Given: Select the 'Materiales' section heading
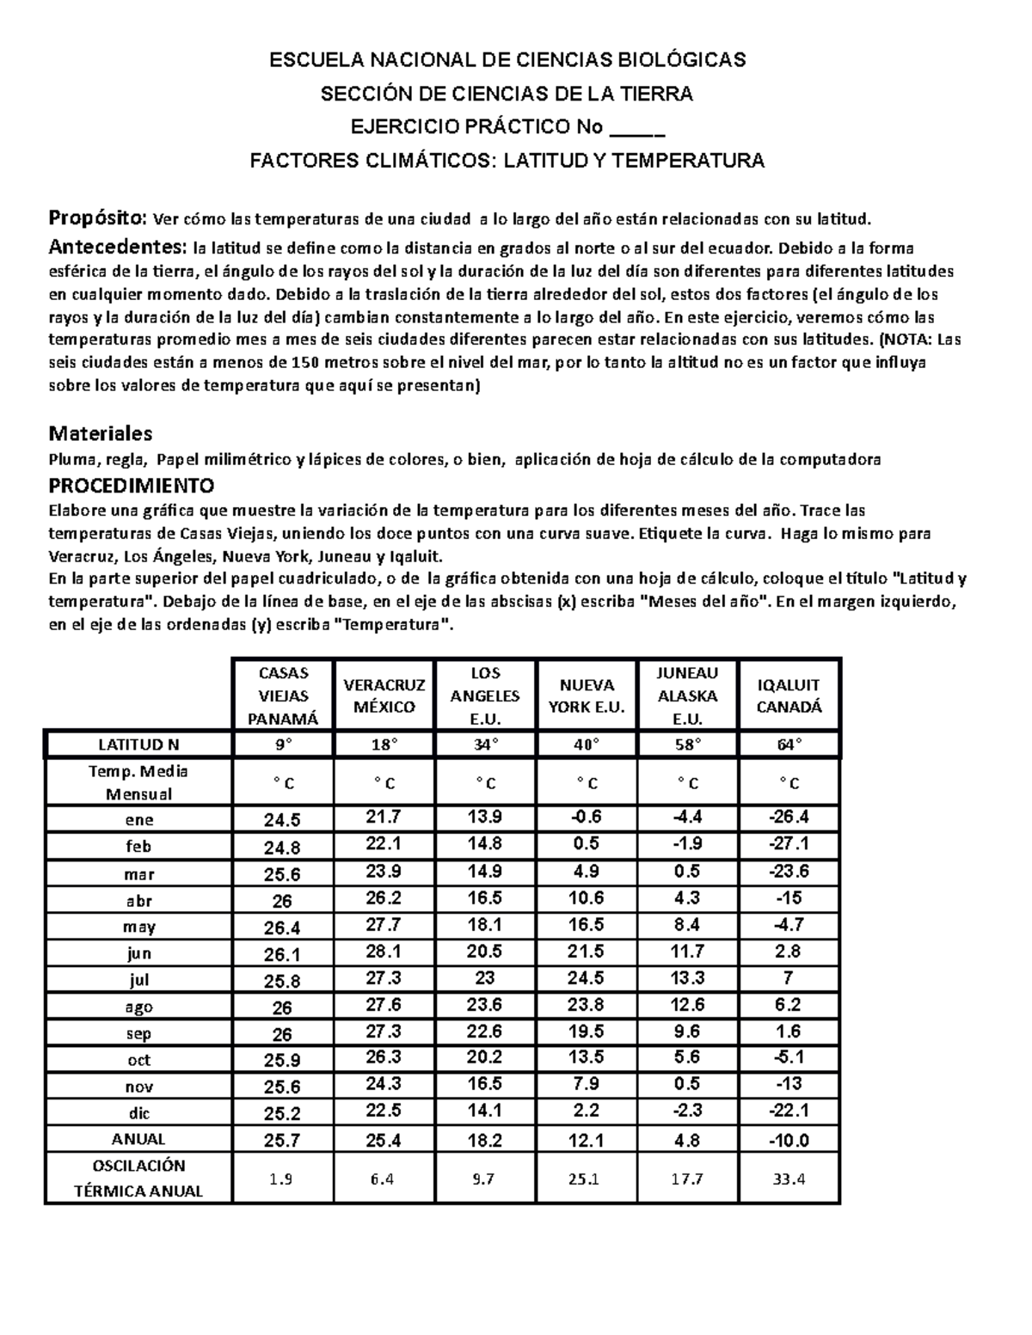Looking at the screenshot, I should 101,432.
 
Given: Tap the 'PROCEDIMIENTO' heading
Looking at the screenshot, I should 131,483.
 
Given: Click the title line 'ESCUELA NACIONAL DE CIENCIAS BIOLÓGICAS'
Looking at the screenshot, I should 507,60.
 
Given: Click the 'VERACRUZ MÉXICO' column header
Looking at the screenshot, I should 384,695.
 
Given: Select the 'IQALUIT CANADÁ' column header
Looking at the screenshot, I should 789,695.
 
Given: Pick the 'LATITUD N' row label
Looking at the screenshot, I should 138,744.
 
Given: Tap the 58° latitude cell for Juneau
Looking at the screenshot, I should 688,744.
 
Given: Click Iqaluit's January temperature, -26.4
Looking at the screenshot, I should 789,817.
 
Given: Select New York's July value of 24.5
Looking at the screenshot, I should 587,978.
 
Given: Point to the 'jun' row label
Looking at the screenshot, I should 138,953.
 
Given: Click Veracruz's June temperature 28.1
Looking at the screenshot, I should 384,952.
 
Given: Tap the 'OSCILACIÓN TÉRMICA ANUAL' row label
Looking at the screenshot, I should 138,1178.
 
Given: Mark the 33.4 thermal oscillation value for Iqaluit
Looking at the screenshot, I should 789,1179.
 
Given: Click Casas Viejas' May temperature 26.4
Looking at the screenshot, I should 283,928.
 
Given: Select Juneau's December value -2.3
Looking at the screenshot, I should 688,1111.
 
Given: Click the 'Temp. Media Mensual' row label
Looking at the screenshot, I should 138,782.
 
